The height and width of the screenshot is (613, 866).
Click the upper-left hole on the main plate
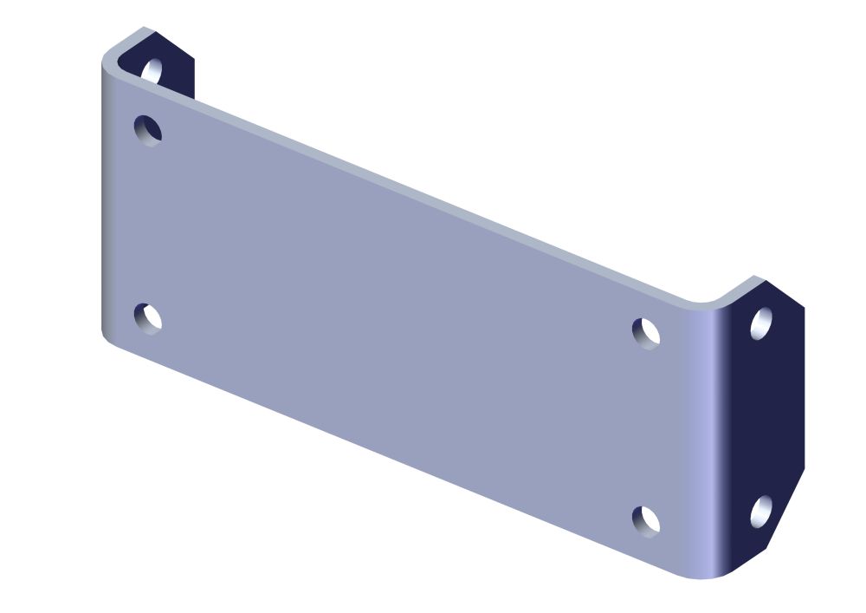(148, 129)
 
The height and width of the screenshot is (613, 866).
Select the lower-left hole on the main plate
(148, 318)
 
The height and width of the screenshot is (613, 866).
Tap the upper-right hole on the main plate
(646, 333)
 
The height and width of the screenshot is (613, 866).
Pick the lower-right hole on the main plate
(646, 520)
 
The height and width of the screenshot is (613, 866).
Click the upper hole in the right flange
(761, 323)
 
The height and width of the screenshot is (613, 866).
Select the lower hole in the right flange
(761, 512)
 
